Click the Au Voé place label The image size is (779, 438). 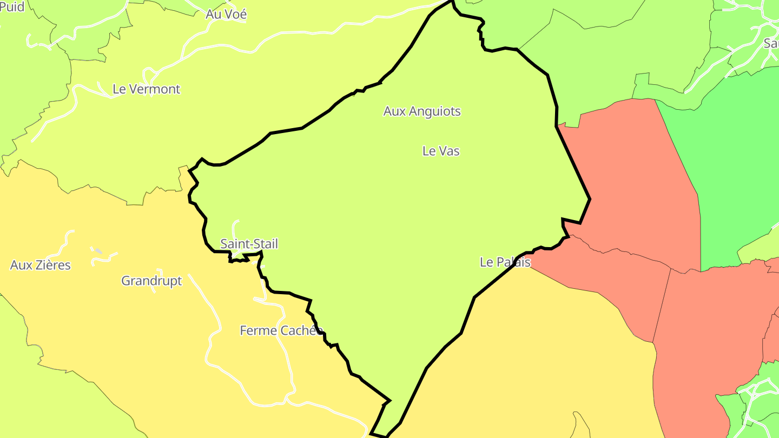(226, 15)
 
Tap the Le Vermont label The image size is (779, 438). (146, 89)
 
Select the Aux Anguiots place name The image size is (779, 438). (422, 111)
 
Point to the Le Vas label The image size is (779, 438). (441, 151)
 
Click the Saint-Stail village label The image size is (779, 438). (249, 244)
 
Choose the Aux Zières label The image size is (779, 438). (41, 266)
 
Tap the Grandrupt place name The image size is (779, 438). (151, 281)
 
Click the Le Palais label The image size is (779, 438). (505, 262)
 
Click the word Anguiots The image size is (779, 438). (435, 111)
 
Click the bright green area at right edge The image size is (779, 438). (736, 162)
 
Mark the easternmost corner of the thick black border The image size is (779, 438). (590, 199)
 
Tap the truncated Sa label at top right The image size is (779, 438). (771, 43)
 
